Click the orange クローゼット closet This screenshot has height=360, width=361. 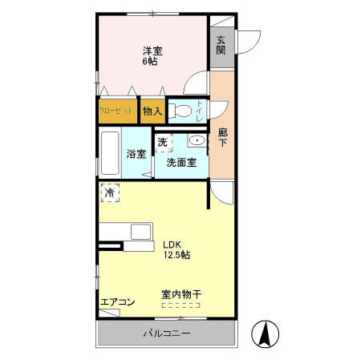click(116, 111)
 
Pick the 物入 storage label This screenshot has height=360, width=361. click(152, 111)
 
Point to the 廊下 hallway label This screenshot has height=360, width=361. click(223, 138)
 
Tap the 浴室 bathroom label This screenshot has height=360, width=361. click(136, 154)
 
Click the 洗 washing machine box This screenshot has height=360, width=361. click(163, 143)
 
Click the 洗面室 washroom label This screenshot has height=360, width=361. click(181, 162)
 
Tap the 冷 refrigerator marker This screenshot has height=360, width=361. click(110, 192)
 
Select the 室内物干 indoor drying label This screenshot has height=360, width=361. click(181, 294)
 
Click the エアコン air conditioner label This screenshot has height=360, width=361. click(117, 302)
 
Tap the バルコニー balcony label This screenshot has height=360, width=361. click(167, 333)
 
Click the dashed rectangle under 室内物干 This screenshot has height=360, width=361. click(181, 305)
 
